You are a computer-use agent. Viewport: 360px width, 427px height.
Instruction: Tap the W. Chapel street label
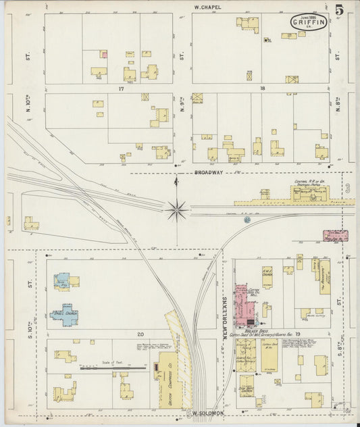207,7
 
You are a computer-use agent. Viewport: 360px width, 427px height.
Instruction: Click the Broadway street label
209,172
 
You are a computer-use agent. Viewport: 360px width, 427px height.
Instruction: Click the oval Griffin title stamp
309,22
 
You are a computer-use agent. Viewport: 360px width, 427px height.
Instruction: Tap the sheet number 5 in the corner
338,10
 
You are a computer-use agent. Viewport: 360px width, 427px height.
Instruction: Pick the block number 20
141,334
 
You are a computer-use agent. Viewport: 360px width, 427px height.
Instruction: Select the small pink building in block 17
104,54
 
